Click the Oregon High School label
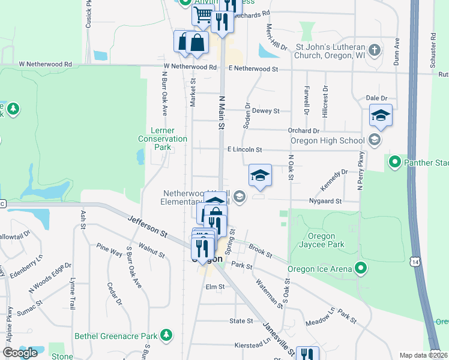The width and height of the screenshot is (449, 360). tap(327, 141)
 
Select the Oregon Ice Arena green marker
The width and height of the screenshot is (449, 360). tap(361, 268)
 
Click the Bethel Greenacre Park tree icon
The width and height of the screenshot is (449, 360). tap(170, 336)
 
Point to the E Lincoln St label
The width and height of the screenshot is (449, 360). tap(244, 149)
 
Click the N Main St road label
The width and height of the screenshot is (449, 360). tap(221, 113)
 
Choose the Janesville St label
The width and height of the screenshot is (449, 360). tap(278, 340)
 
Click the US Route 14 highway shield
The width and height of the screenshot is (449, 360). tap(415, 261)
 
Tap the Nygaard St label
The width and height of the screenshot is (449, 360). tap(325, 202)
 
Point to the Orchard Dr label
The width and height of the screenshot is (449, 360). tap(303, 130)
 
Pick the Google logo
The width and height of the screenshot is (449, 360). tap(20, 353)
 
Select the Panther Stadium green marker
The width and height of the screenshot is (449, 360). tap(394, 161)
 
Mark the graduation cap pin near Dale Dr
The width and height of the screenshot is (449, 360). tap(381, 115)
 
